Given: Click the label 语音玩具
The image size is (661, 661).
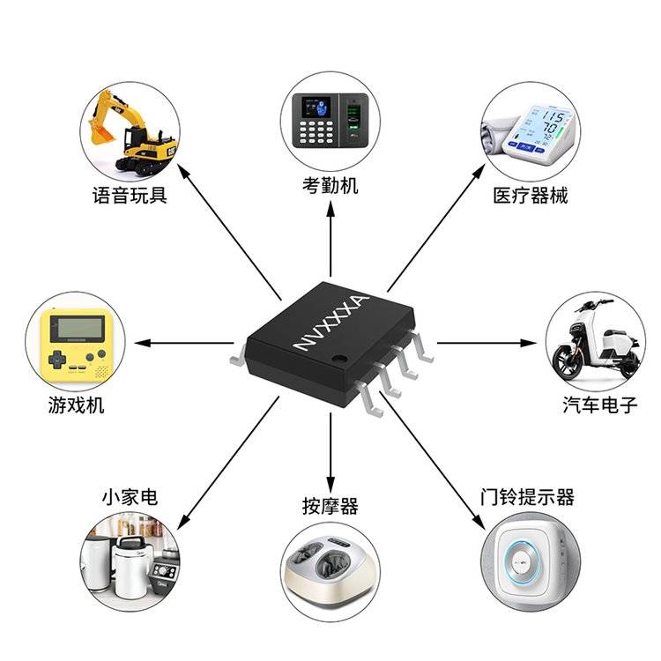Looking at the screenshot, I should click(x=130, y=195).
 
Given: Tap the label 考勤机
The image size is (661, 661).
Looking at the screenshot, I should click(x=330, y=185).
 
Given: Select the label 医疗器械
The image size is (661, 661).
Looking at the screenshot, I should click(x=530, y=195).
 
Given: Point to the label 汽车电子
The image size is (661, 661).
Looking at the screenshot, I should click(x=599, y=405).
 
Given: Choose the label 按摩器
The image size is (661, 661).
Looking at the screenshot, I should click(x=330, y=506).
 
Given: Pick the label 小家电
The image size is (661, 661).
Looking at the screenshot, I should click(x=129, y=497).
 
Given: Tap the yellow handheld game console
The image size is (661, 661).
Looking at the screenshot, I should click(x=77, y=342).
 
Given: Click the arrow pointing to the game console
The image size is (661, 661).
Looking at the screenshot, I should click(x=185, y=342).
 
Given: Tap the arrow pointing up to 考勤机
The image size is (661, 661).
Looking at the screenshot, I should click(x=330, y=238).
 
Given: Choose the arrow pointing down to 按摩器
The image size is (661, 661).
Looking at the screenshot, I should click(x=330, y=449).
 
